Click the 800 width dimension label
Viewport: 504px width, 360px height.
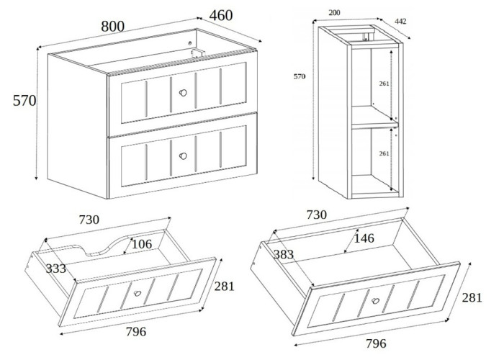(112, 26)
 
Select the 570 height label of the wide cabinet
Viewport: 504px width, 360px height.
(24, 101)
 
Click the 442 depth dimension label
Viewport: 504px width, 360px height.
(401, 22)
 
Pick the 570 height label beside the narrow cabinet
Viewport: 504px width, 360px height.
(297, 76)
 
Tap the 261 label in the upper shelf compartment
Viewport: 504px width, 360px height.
(384, 84)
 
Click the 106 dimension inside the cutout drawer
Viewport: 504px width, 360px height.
(141, 243)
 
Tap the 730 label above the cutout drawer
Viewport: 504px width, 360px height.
(89, 219)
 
